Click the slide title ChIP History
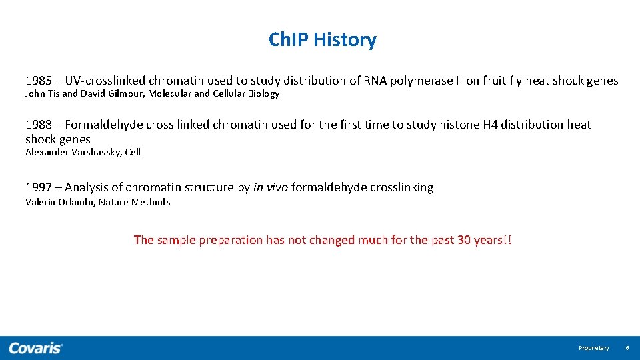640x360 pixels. tap(322, 40)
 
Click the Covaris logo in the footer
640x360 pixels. tap(36, 348)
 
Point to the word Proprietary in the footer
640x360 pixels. tap(593, 348)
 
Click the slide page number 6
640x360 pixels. tap(627, 348)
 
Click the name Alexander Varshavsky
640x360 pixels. tap(73, 152)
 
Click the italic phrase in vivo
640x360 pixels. tap(270, 188)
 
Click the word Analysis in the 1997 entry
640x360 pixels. tap(87, 188)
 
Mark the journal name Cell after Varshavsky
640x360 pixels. tap(133, 152)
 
